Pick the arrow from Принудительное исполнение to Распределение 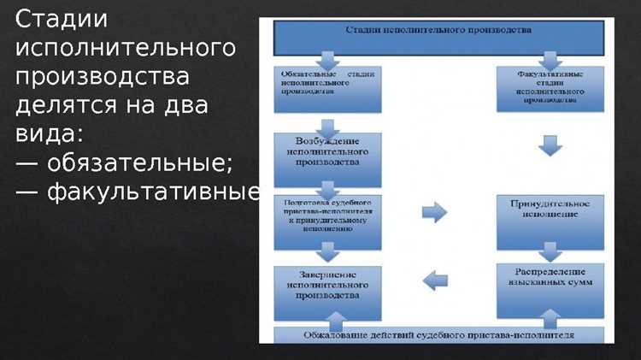tap(550, 250)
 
